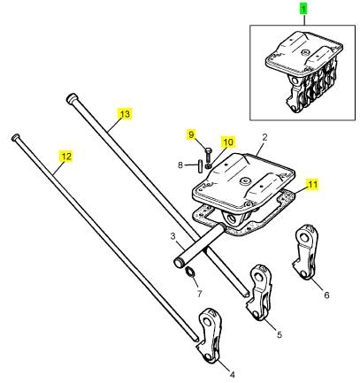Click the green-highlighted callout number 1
point(303,9)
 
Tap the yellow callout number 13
point(125,114)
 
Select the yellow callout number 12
point(66,157)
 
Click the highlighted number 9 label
point(191,134)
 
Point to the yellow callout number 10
point(228,142)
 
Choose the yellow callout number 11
point(312,185)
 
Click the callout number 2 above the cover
point(264,137)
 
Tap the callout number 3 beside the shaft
point(172,236)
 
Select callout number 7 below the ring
point(199,294)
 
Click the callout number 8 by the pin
point(180,165)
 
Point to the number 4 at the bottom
point(232,375)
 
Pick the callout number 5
point(280,334)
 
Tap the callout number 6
point(326,295)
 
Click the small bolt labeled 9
point(207,155)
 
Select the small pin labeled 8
point(200,165)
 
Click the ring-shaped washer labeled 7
point(190,272)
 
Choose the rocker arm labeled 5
point(259,292)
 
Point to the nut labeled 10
point(208,166)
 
